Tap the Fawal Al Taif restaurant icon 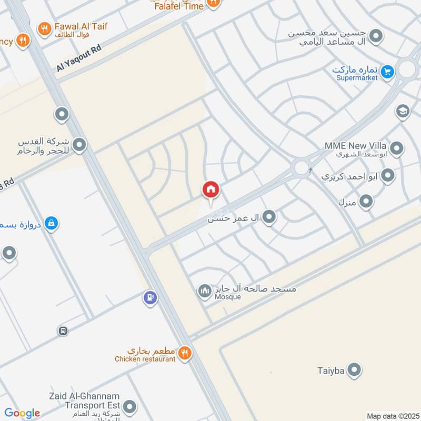click(x=45, y=28)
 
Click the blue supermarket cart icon click(x=387, y=71)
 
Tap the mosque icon click(x=204, y=290)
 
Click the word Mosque click(x=227, y=297)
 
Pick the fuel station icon click(x=150, y=298)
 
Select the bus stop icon click(x=63, y=331)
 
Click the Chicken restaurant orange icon click(x=184, y=352)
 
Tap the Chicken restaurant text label click(x=145, y=359)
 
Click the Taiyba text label click(x=331, y=371)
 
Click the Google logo click(x=22, y=413)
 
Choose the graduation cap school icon click(x=403, y=111)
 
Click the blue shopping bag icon click(x=51, y=224)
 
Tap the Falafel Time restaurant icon click(x=213, y=3)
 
